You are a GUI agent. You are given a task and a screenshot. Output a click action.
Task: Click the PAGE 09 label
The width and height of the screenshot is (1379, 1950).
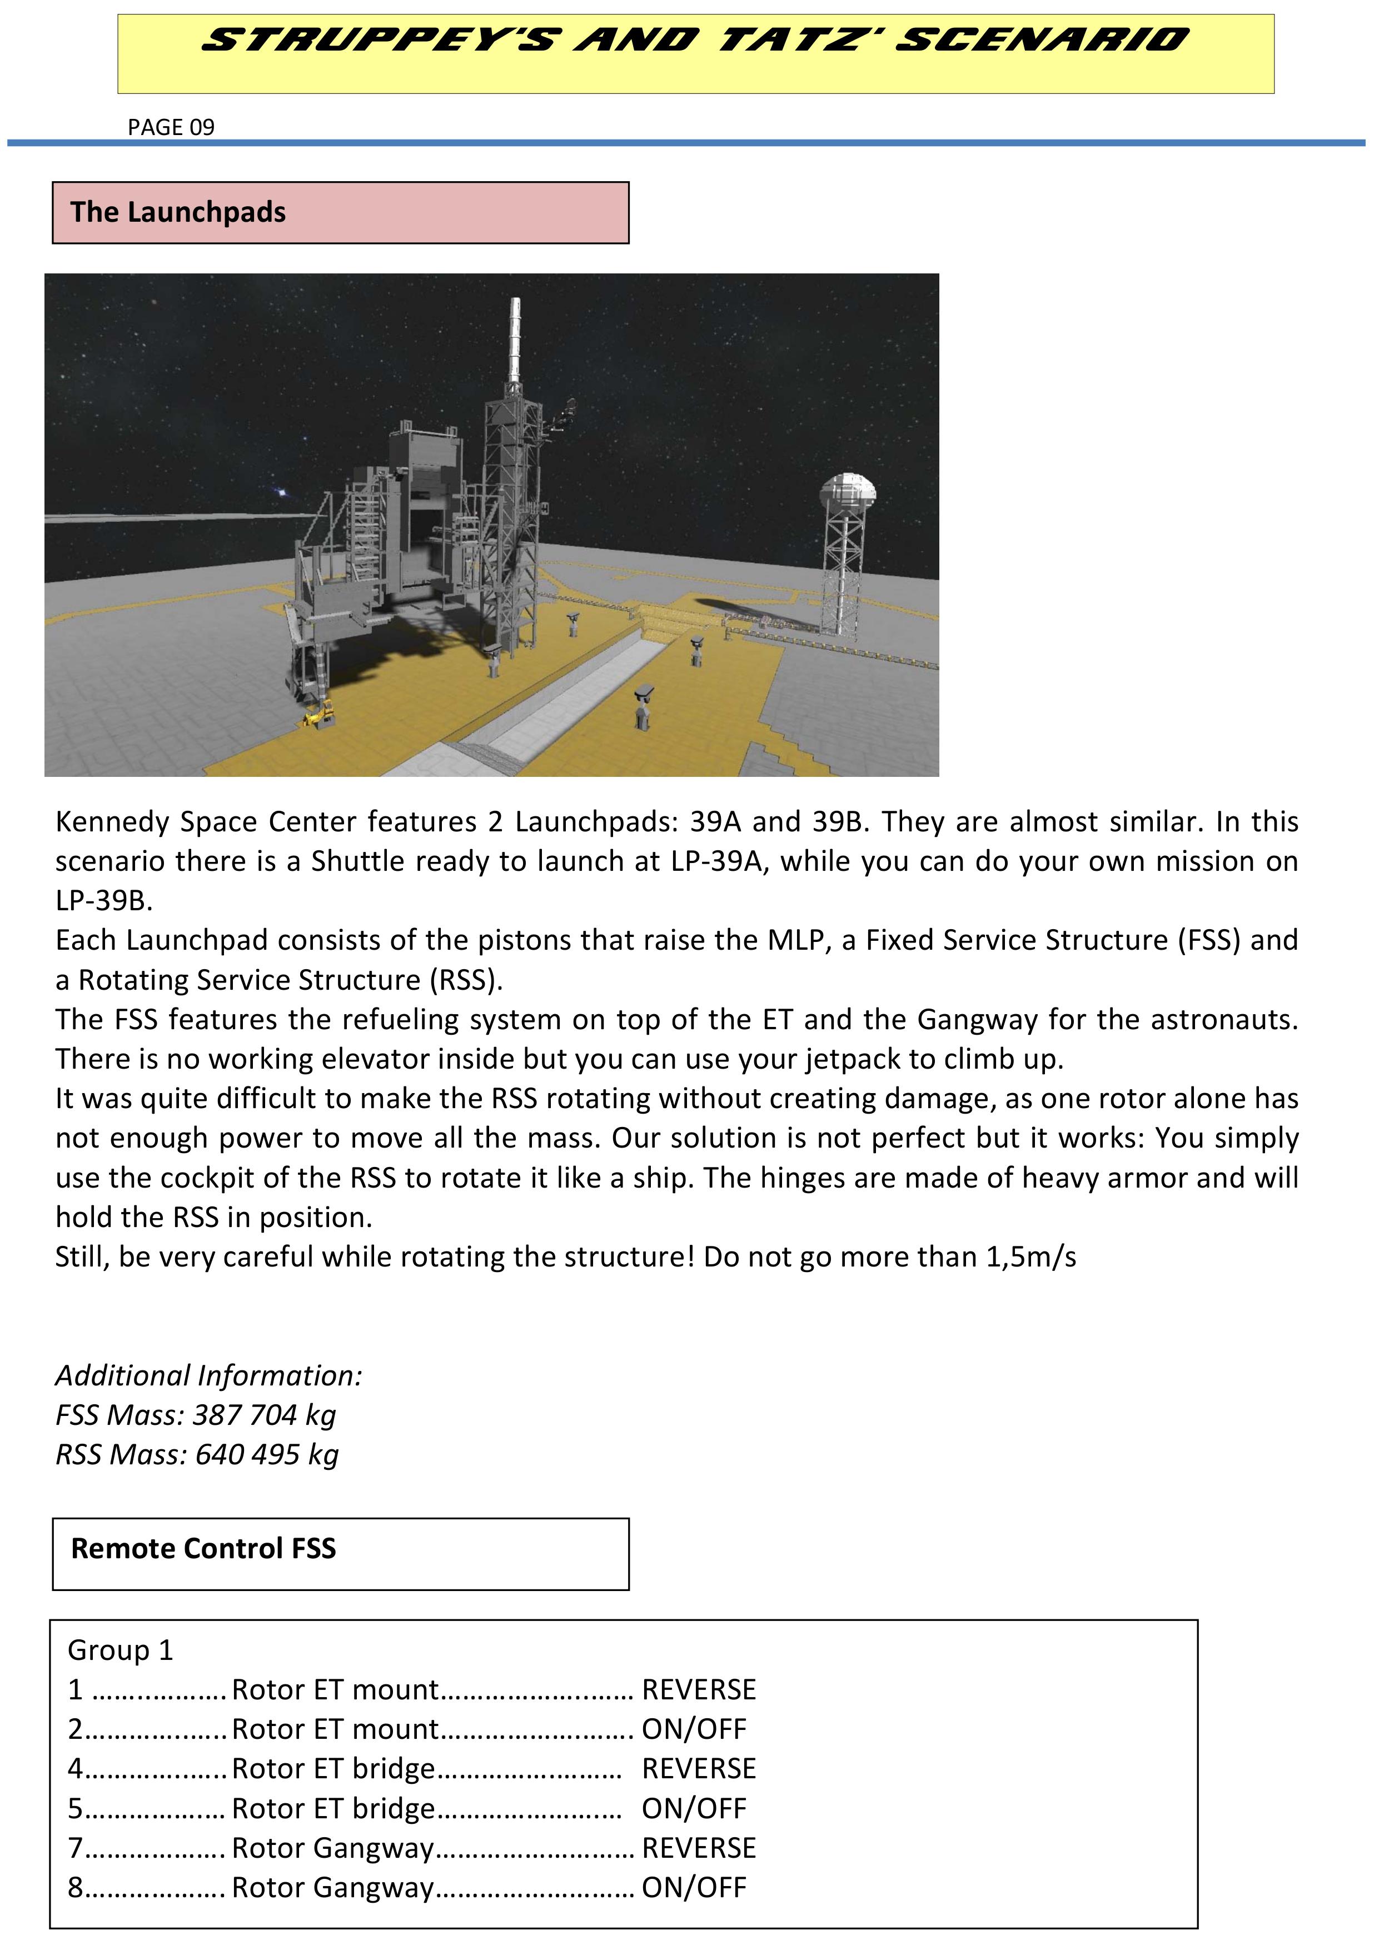pyautogui.click(x=171, y=127)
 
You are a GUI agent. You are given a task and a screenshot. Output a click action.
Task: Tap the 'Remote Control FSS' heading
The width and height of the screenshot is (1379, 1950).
pyautogui.click(x=203, y=1548)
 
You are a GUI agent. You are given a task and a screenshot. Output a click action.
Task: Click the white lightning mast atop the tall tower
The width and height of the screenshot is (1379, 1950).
pyautogui.click(x=514, y=340)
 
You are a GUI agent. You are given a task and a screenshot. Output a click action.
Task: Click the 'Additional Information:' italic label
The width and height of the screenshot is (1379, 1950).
pyautogui.click(x=209, y=1375)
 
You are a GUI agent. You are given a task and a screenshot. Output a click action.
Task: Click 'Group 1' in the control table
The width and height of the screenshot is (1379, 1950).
pyautogui.click(x=120, y=1650)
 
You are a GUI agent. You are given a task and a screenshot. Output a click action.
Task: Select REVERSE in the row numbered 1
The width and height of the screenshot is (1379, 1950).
pyautogui.click(x=699, y=1689)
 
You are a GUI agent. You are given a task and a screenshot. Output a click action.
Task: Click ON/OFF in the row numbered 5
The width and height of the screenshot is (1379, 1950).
pyautogui.click(x=693, y=1808)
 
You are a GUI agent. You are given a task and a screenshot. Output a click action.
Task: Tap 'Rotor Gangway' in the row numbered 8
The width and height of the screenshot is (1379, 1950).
pyautogui.click(x=333, y=1887)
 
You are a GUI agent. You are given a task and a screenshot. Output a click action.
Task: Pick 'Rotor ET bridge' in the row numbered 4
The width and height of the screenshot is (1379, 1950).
pyautogui.click(x=333, y=1768)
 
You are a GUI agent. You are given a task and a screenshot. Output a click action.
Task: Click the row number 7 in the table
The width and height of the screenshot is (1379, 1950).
pyautogui.click(x=76, y=1848)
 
